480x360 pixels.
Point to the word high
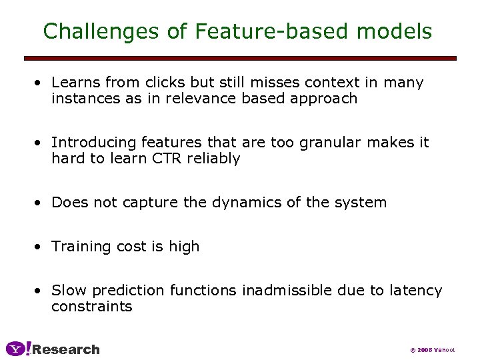click(184, 247)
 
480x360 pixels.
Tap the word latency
click(415, 291)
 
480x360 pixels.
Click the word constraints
click(91, 307)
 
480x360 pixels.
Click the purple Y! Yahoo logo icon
click(18, 349)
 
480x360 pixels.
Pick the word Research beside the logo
click(66, 349)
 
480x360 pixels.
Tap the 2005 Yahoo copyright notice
click(432, 350)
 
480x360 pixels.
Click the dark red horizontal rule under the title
click(240, 58)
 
